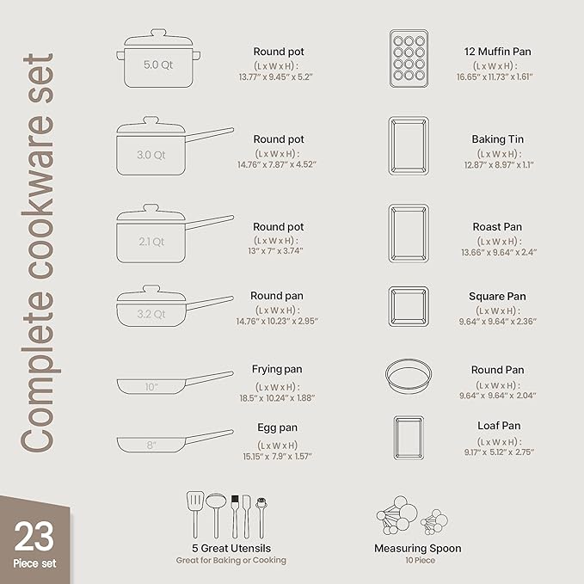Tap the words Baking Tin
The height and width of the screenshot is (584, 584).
pyautogui.click(x=497, y=139)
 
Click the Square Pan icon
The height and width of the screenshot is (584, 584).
pyautogui.click(x=409, y=305)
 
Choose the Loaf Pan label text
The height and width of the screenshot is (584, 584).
pyautogui.click(x=499, y=426)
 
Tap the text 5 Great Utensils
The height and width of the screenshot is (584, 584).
pyautogui.click(x=231, y=548)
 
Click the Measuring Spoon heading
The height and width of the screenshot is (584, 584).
pyautogui.click(x=417, y=548)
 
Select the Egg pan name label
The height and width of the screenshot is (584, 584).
pyautogui.click(x=277, y=427)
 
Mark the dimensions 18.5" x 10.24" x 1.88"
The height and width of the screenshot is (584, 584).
pyautogui.click(x=277, y=397)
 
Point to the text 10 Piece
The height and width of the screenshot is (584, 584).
pyautogui.click(x=417, y=560)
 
